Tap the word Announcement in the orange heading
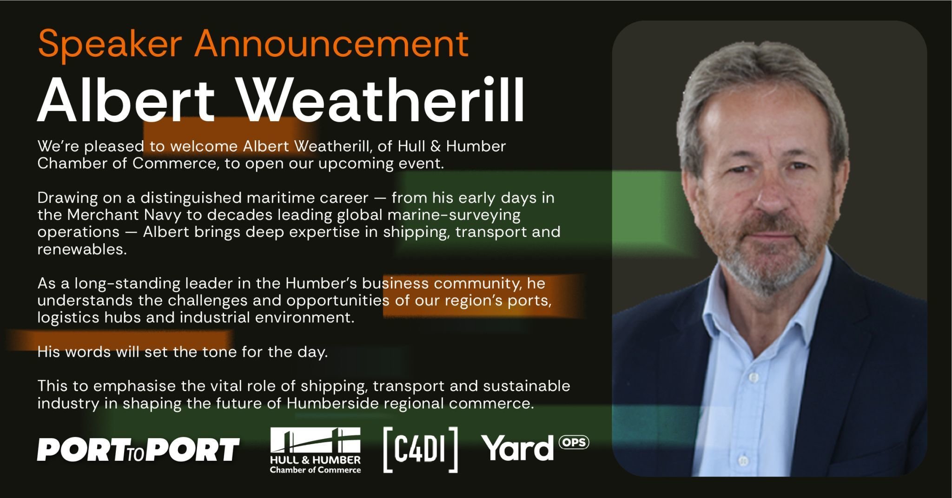point(331,43)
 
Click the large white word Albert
point(126,99)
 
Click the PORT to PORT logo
point(139,449)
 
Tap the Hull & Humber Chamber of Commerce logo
point(315,451)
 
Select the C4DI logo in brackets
point(421,450)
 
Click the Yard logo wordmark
point(517,448)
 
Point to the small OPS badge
point(574,442)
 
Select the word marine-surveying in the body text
point(454,216)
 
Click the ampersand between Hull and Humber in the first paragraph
point(436,146)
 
